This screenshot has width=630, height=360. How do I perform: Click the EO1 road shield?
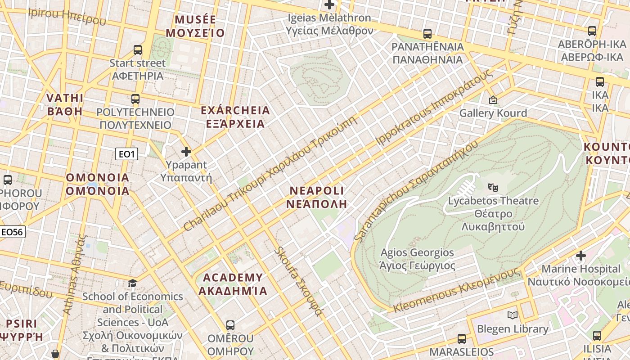pyautogui.click(x=126, y=154)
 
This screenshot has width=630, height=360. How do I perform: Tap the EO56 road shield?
pyautogui.click(x=12, y=232)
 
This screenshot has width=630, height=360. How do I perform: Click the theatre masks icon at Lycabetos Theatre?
pyautogui.click(x=493, y=186)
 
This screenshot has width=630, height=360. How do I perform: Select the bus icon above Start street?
pyautogui.click(x=138, y=50)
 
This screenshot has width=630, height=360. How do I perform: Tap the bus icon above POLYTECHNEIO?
pyautogui.click(x=135, y=99)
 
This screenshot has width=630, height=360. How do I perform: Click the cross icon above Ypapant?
pyautogui.click(x=186, y=152)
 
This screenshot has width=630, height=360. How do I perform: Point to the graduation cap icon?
pyautogui.click(x=132, y=283)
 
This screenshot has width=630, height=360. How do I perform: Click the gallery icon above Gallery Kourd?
pyautogui.click(x=493, y=100)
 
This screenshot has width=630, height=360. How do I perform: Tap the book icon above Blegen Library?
pyautogui.click(x=513, y=315)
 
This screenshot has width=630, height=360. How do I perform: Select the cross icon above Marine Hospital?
pyautogui.click(x=581, y=256)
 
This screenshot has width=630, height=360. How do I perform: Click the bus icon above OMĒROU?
pyautogui.click(x=230, y=325)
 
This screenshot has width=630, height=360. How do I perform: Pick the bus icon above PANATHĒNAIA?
pyautogui.click(x=427, y=34)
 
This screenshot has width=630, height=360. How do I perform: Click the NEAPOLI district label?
pyautogui.click(x=317, y=197)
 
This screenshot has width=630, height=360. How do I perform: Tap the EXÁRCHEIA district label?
pyautogui.click(x=235, y=117)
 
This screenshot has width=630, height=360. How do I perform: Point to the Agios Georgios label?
pyautogui.click(x=417, y=259)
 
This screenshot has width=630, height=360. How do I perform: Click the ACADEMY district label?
pyautogui.click(x=233, y=284)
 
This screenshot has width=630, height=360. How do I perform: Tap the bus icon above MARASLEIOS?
pyautogui.click(x=462, y=338)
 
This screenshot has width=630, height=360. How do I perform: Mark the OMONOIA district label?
pyautogui.click(x=98, y=184)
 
